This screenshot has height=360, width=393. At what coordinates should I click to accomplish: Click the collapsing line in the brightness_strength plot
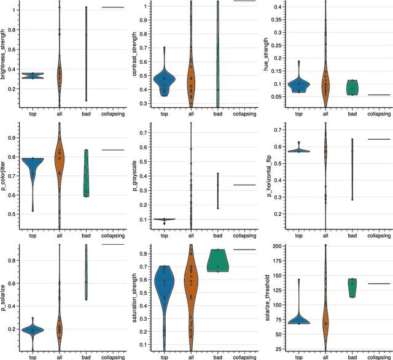112,7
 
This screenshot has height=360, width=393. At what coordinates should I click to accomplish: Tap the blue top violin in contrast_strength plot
163,80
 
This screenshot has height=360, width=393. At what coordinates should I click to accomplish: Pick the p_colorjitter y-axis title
5,175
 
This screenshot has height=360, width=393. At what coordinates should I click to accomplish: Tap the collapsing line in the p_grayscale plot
244,185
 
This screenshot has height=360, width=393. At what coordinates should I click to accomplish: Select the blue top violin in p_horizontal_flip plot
298,150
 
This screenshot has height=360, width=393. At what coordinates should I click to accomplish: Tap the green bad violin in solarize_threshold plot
352,287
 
